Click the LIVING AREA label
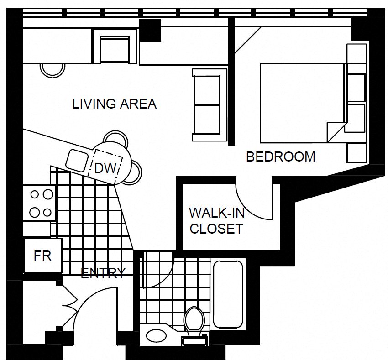click(114, 104)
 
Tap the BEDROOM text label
click(280, 157)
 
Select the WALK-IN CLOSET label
click(216, 220)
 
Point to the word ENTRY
click(103, 273)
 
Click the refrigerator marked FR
click(42, 256)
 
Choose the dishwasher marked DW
click(105, 168)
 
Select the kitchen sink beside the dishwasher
click(77, 160)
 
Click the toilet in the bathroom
click(194, 322)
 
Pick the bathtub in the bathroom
click(228, 294)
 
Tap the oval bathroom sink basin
click(157, 336)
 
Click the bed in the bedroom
click(301, 103)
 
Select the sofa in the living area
click(209, 104)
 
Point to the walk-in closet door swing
click(253, 203)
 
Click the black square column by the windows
click(150, 30)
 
